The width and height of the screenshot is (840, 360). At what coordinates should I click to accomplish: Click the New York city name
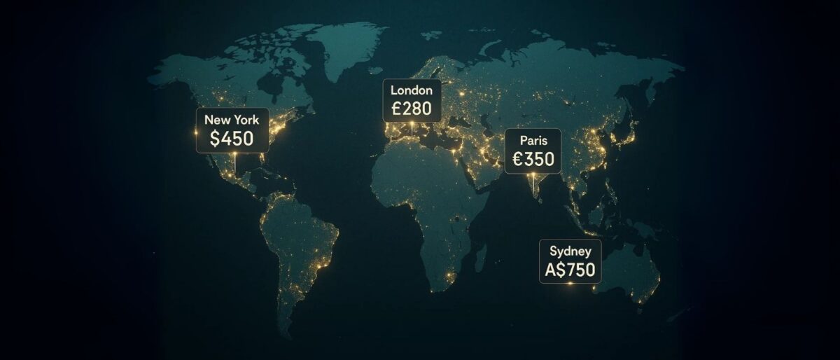[232, 120]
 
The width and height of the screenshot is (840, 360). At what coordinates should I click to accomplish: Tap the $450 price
[232, 138]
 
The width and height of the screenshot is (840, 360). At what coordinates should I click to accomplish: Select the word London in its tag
[412, 90]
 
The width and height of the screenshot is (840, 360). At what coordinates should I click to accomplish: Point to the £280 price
[412, 109]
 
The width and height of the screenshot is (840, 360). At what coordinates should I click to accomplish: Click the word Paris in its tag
[533, 140]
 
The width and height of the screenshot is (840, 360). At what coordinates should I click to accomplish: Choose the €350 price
[533, 159]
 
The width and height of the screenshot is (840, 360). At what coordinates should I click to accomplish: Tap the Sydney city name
[570, 251]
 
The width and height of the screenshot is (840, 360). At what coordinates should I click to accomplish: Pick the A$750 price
[570, 269]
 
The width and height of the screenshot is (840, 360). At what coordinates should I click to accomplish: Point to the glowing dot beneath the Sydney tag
[570, 284]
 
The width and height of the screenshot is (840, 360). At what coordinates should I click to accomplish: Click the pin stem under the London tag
[413, 128]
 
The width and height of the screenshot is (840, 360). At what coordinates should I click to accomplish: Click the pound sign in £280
[396, 109]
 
